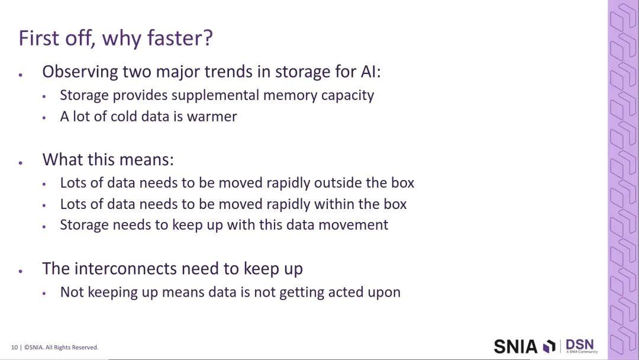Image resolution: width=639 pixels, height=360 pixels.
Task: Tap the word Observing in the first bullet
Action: click(80, 72)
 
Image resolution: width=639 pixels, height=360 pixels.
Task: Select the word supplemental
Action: click(215, 96)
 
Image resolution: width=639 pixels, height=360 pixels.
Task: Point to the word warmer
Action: click(211, 117)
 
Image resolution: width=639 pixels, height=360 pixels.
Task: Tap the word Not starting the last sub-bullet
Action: click(72, 292)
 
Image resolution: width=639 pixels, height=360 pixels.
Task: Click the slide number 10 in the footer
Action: click(14, 348)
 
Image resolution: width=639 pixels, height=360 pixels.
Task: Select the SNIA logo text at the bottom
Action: click(515, 347)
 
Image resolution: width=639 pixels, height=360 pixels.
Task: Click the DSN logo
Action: click(580, 345)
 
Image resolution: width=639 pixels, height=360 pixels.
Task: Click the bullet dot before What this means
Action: click(20, 163)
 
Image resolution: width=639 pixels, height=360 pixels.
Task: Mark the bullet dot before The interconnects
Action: click(20, 271)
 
